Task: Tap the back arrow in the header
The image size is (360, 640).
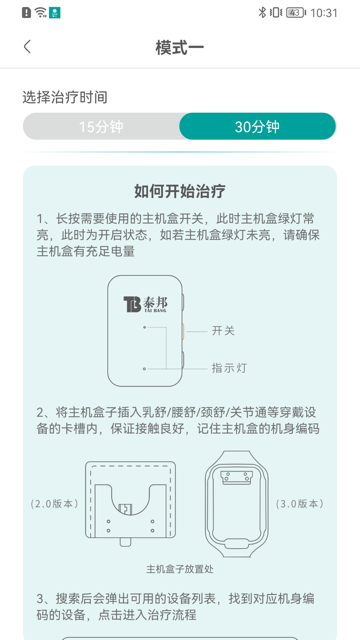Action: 27,46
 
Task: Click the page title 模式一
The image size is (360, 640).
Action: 180,47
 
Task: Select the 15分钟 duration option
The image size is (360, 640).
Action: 101,127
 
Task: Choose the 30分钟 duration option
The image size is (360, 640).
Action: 257,127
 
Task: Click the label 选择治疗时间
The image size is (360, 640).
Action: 65,97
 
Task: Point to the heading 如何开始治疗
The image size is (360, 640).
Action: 180,191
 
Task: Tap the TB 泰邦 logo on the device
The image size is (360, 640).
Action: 145,304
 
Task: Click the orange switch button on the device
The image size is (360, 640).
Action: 183,331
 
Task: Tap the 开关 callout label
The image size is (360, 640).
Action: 223,331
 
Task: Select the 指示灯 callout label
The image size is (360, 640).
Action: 229,368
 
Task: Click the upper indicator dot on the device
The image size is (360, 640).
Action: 144,327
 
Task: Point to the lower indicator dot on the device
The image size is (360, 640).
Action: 144,369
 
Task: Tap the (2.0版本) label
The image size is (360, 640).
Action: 54,504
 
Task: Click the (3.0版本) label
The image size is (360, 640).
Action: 300,504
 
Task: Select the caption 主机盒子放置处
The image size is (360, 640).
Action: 180,569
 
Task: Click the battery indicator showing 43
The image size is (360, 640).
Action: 295,13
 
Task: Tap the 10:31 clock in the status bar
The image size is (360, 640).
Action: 324,13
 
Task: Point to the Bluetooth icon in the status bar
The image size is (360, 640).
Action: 262,13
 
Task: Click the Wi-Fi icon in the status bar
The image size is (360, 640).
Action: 41,13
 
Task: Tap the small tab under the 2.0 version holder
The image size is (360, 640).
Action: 126,542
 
